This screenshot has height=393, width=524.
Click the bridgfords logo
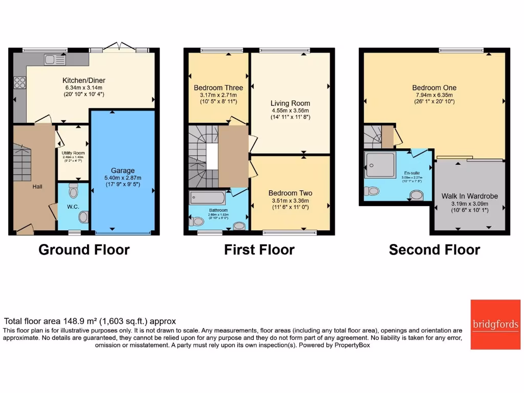[x=495, y=324]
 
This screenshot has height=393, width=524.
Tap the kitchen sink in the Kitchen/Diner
[x=55, y=60]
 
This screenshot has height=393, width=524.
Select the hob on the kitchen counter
[x=19, y=82]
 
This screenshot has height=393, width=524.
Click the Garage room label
[x=123, y=170]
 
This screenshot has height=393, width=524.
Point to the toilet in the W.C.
[x=73, y=191]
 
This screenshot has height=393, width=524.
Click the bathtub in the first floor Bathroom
[x=210, y=198]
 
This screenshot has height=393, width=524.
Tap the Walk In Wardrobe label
[x=469, y=196]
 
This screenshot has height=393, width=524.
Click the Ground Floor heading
[x=84, y=250]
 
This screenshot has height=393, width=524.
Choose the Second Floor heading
[x=434, y=250]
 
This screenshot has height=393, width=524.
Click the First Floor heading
[x=259, y=250]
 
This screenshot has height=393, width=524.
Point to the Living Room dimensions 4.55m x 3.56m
[x=290, y=110]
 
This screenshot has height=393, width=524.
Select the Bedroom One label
[x=434, y=88]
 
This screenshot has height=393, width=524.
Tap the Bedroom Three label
[x=218, y=88]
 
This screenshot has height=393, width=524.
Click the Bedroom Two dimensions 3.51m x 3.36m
[x=290, y=201]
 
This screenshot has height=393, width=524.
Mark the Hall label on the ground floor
[x=37, y=187]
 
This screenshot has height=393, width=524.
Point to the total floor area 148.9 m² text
[x=90, y=321]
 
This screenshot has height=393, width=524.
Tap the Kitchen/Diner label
[x=84, y=80]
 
